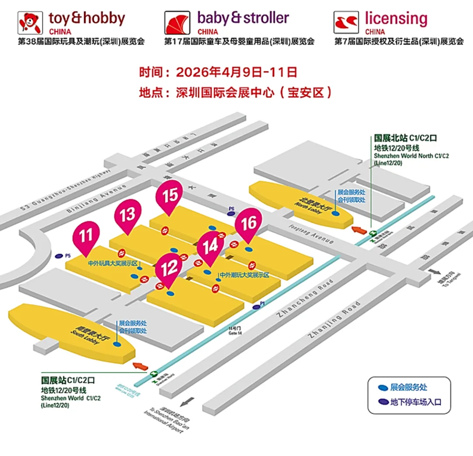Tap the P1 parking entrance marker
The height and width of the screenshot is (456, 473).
(258, 307)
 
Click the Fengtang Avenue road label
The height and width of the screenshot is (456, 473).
(314, 236)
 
